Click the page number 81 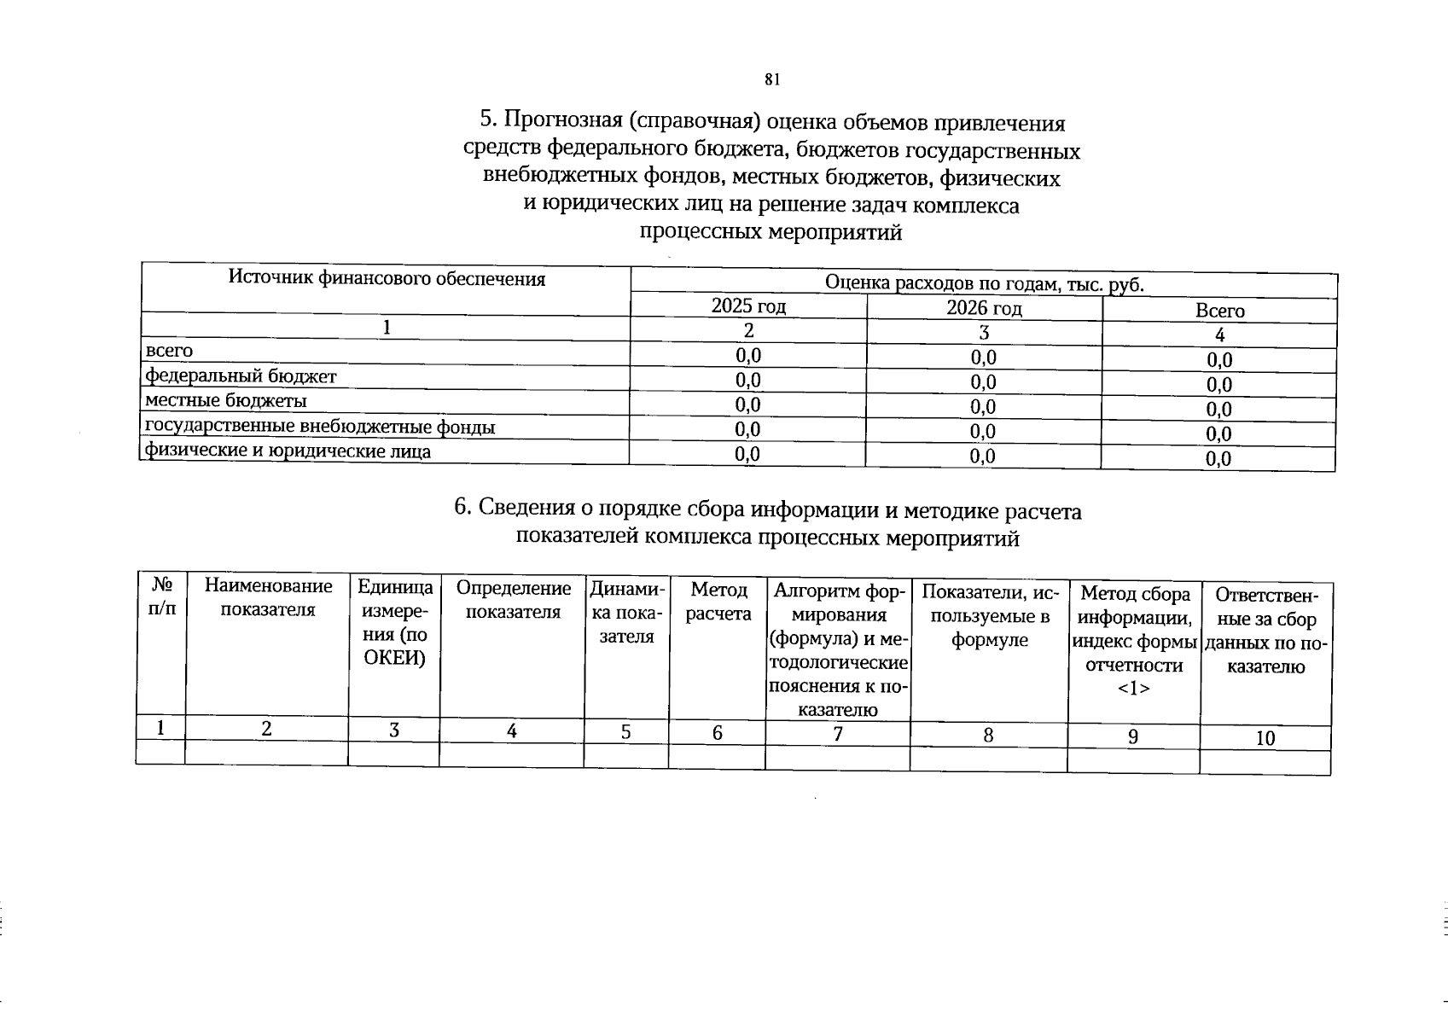(772, 79)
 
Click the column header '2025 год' (748, 306)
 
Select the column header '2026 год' (984, 308)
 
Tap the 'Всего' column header (1219, 311)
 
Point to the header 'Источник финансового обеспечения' (387, 278)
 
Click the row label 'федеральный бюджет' (241, 376)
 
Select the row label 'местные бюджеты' (226, 401)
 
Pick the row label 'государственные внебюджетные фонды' (320, 427)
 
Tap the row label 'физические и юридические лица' (288, 451)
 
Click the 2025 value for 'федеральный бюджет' (747, 380)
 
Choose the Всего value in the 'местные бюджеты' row (1218, 410)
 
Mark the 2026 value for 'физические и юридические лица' (982, 457)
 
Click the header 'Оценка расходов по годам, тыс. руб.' (984, 283)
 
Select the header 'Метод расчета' (718, 602)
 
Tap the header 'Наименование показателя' (268, 597)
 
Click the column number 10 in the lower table (1265, 739)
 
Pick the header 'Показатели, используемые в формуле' (989, 616)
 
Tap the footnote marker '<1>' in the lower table (1133, 688)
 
